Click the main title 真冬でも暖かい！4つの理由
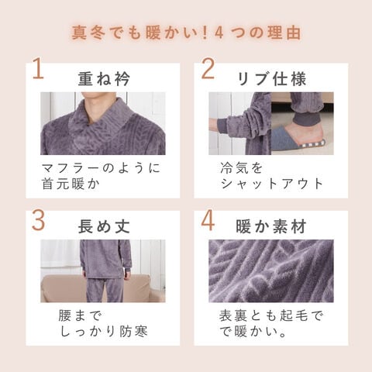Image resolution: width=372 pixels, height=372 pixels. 186,33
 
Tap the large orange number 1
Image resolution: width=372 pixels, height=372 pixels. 38,69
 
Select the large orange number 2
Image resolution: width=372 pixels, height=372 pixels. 208,69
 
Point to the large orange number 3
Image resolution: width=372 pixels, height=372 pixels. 38,220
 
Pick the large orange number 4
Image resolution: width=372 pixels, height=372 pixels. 208,220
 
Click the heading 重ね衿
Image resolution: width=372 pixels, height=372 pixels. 104,78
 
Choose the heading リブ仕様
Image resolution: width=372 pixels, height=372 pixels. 271,78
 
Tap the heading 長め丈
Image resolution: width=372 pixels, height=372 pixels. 104,226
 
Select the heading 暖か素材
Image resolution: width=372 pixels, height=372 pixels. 271,226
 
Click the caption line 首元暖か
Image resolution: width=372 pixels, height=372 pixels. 71,184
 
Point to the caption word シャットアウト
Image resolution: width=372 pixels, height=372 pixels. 272,184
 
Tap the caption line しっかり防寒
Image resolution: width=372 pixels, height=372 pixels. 104,332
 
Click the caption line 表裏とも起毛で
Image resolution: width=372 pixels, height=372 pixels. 271,315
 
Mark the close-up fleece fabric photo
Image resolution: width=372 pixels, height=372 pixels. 271,271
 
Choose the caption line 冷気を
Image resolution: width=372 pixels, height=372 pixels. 242,168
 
